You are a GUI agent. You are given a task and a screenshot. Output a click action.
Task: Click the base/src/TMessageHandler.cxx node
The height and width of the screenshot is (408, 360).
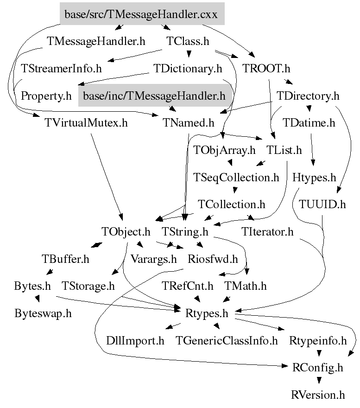pos(142,14)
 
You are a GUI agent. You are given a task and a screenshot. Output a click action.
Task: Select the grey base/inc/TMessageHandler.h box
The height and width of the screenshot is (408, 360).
pos(154,96)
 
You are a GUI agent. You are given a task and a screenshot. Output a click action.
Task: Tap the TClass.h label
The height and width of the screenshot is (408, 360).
pos(188,41)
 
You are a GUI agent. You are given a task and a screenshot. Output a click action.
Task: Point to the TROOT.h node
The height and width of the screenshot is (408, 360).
pos(266,69)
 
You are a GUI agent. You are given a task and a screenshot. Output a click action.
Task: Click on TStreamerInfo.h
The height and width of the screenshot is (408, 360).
pos(61,69)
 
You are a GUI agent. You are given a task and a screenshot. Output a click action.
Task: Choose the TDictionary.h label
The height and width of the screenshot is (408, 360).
pos(188,69)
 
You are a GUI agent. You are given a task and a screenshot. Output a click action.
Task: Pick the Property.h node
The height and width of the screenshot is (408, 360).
pos(46,96)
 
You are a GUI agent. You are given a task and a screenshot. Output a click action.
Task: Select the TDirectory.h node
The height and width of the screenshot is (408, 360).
pos(308,96)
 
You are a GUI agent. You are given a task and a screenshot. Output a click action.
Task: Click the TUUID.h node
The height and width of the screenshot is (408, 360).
pos(322,204)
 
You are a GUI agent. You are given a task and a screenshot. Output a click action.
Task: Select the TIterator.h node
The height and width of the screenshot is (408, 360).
pos(267,231)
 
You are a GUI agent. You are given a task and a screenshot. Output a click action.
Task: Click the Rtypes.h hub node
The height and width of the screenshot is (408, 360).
pos(207,313)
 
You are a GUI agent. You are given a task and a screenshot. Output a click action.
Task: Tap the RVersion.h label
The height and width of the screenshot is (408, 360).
pos(318,395)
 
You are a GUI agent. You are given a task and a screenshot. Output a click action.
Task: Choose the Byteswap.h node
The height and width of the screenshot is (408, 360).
pos(43,313)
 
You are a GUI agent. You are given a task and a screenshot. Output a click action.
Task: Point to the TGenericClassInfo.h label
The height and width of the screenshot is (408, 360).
pos(227,341)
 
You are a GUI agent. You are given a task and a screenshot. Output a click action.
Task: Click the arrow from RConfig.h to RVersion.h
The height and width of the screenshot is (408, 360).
pos(318,379)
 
